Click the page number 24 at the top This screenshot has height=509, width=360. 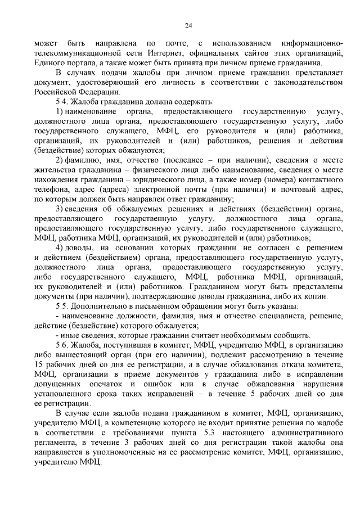click(188, 25)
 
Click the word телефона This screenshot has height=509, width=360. click(50, 189)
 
